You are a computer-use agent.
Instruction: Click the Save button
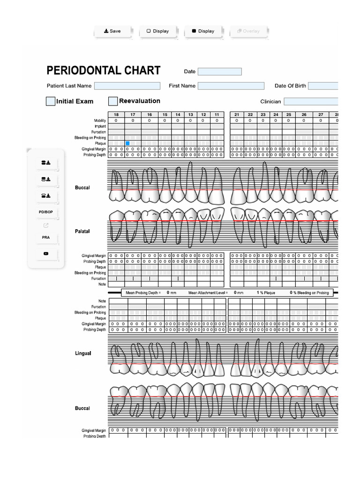pos(112,31)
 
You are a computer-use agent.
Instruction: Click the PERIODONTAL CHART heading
pos(104,71)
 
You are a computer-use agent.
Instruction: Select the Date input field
pos(219,72)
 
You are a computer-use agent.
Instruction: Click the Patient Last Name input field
pos(127,86)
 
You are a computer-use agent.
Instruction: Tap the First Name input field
pos(231,86)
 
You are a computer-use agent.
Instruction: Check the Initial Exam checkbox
pos(51,101)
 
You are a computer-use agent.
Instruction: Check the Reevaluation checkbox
pos(113,101)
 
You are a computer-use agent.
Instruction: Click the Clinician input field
pos(311,101)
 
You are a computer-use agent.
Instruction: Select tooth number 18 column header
pos(116,115)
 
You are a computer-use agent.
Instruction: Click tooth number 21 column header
pos(237,115)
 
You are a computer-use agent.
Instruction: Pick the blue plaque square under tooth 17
pos(127,143)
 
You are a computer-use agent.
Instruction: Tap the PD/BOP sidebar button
pos(46,212)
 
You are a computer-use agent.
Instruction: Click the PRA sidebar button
pos(46,238)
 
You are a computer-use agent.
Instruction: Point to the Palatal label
pos(82,232)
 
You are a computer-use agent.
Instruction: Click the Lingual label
pos(83,353)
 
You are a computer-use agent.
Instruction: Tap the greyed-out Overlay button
pos(248,31)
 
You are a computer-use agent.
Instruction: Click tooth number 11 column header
pos(217,115)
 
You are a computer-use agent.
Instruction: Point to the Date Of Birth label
pos(290,86)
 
